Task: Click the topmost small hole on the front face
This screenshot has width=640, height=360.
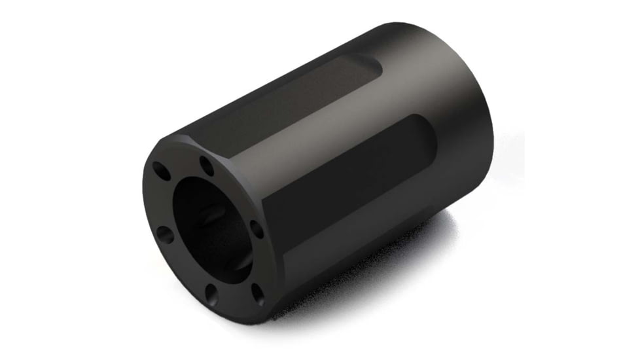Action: pos(207,162)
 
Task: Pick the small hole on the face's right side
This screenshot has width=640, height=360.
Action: pos(257,228)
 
